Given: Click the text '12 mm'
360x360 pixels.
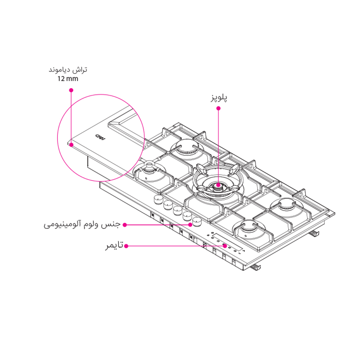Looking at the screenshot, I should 68,79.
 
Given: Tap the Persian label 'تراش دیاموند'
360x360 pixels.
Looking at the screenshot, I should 68,70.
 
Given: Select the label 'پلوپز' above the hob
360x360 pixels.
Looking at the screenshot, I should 219,98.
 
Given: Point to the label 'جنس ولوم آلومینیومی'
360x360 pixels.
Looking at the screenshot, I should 82,225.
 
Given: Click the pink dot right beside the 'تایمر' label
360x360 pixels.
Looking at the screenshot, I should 126,246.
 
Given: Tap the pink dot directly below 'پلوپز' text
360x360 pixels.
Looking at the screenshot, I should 218,108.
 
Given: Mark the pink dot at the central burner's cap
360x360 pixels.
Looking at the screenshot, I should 218,185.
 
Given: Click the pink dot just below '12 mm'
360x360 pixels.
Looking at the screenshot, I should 71,90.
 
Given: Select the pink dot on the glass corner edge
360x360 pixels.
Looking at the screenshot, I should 71,144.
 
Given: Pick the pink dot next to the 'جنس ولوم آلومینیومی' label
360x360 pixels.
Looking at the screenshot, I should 124,225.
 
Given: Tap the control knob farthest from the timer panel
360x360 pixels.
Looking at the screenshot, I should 157,199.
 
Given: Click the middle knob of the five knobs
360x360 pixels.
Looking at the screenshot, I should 177,210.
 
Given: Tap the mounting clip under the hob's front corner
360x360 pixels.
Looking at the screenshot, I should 256,268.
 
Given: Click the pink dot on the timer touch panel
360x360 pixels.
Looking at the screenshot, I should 224,246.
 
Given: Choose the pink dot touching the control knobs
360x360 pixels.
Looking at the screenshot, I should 190,224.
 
